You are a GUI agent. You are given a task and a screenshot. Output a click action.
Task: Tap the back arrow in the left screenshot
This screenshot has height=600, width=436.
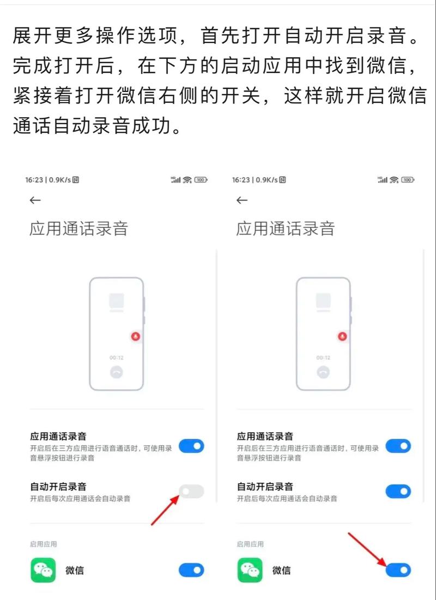(x=35, y=201)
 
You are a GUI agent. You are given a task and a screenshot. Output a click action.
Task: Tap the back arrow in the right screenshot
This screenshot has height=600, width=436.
(x=242, y=201)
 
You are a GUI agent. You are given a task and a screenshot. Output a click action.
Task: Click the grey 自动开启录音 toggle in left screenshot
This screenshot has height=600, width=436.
(x=191, y=492)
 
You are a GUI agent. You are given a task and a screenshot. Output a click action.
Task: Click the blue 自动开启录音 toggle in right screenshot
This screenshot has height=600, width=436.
(x=398, y=492)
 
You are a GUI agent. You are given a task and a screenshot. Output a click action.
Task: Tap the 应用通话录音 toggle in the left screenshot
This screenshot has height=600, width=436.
(x=191, y=446)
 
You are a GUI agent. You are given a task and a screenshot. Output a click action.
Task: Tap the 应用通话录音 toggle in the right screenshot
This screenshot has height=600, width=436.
(x=398, y=446)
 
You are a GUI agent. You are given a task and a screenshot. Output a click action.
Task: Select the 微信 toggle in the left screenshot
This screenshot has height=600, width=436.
(x=191, y=571)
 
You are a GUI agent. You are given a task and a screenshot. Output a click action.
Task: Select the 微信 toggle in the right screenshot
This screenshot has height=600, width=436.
(x=398, y=571)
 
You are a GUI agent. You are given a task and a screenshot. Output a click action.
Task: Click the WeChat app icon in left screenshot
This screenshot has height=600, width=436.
(x=43, y=571)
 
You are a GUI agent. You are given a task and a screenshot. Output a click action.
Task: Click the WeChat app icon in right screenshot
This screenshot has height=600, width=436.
(x=250, y=571)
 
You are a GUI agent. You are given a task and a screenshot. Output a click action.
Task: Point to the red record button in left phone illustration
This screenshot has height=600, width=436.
(x=135, y=336)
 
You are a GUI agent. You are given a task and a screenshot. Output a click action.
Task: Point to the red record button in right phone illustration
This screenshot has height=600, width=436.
(x=342, y=336)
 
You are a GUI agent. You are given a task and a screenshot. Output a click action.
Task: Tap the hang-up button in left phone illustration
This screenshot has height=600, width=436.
(x=116, y=372)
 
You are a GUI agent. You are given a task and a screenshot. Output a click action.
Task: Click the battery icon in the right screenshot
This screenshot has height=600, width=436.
(x=407, y=179)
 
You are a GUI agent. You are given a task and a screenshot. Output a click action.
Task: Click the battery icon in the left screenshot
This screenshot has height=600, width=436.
(x=201, y=179)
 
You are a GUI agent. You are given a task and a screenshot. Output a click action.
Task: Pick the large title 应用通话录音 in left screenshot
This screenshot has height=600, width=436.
(x=78, y=228)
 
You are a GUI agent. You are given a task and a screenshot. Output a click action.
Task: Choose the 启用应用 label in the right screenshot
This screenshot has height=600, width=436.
(x=250, y=544)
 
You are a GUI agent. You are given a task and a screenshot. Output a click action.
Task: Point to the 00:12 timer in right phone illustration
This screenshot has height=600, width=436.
(x=323, y=357)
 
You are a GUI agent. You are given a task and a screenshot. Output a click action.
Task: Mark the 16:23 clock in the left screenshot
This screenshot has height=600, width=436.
(x=35, y=179)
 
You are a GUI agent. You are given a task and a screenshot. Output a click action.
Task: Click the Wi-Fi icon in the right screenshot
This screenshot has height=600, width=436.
(x=394, y=179)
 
